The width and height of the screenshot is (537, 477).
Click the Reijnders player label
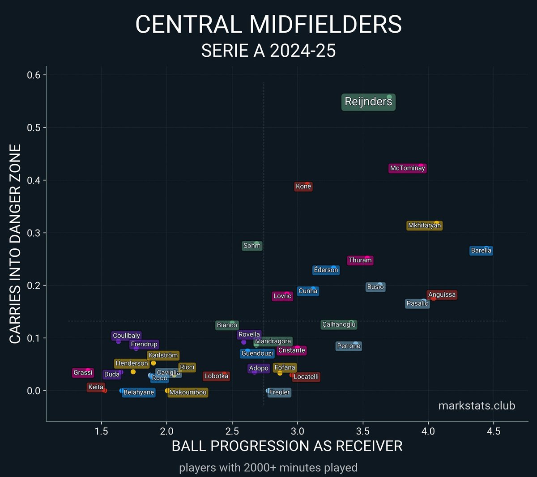[368, 102]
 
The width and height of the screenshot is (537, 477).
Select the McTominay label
[407, 168]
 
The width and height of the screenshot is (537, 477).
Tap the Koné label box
[303, 187]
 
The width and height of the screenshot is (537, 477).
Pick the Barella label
[481, 251]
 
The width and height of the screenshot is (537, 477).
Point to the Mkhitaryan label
[424, 226]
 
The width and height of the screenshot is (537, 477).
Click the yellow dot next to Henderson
[133, 372]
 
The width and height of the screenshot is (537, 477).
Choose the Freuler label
[280, 392]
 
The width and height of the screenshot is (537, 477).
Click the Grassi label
[83, 373]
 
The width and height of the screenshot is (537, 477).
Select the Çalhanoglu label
[339, 324]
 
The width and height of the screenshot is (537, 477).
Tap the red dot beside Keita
[105, 391]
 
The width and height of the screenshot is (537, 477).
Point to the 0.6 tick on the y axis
[34, 75]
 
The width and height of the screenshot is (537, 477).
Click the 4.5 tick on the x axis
[494, 431]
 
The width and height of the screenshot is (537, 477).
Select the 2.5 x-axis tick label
[232, 431]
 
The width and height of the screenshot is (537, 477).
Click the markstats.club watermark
[477, 406]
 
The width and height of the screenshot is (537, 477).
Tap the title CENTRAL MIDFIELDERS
[268, 25]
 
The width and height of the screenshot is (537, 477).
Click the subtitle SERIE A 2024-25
[268, 51]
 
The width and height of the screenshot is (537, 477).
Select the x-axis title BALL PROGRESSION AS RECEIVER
[287, 446]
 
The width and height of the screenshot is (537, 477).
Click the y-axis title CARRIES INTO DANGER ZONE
[15, 244]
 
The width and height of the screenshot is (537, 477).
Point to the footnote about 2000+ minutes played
[268, 468]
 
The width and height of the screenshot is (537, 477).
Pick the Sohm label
[252, 246]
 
